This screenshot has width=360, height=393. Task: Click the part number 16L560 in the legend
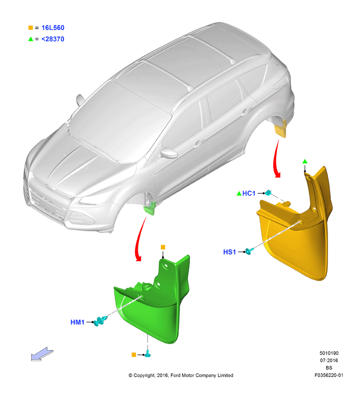(53, 28)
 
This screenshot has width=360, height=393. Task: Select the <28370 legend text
(53, 39)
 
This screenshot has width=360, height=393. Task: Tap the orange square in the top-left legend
(31, 28)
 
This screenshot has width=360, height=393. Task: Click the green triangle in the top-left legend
(31, 39)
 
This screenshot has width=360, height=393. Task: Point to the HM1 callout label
(78, 322)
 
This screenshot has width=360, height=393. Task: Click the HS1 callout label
(230, 252)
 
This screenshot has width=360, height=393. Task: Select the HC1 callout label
(249, 193)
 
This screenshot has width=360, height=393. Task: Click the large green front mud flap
(153, 301)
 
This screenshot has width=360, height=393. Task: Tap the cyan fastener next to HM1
(100, 321)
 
